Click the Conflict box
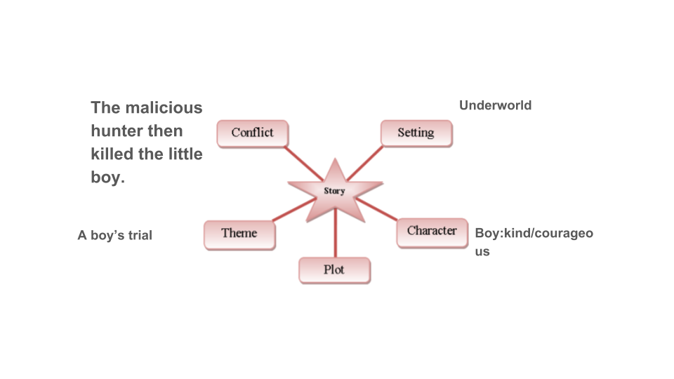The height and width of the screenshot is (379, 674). (253, 133)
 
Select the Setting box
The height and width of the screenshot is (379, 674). (416, 133)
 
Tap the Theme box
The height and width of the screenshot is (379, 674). (239, 234)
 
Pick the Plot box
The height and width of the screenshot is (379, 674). (334, 270)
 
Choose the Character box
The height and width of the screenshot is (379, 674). (432, 232)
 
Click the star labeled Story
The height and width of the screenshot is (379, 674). (335, 190)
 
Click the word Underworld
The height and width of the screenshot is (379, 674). (495, 105)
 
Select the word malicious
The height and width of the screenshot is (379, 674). (164, 108)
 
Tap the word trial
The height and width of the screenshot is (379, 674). (140, 236)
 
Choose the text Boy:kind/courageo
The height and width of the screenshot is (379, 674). (534, 234)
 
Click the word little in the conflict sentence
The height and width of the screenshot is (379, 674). (185, 154)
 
